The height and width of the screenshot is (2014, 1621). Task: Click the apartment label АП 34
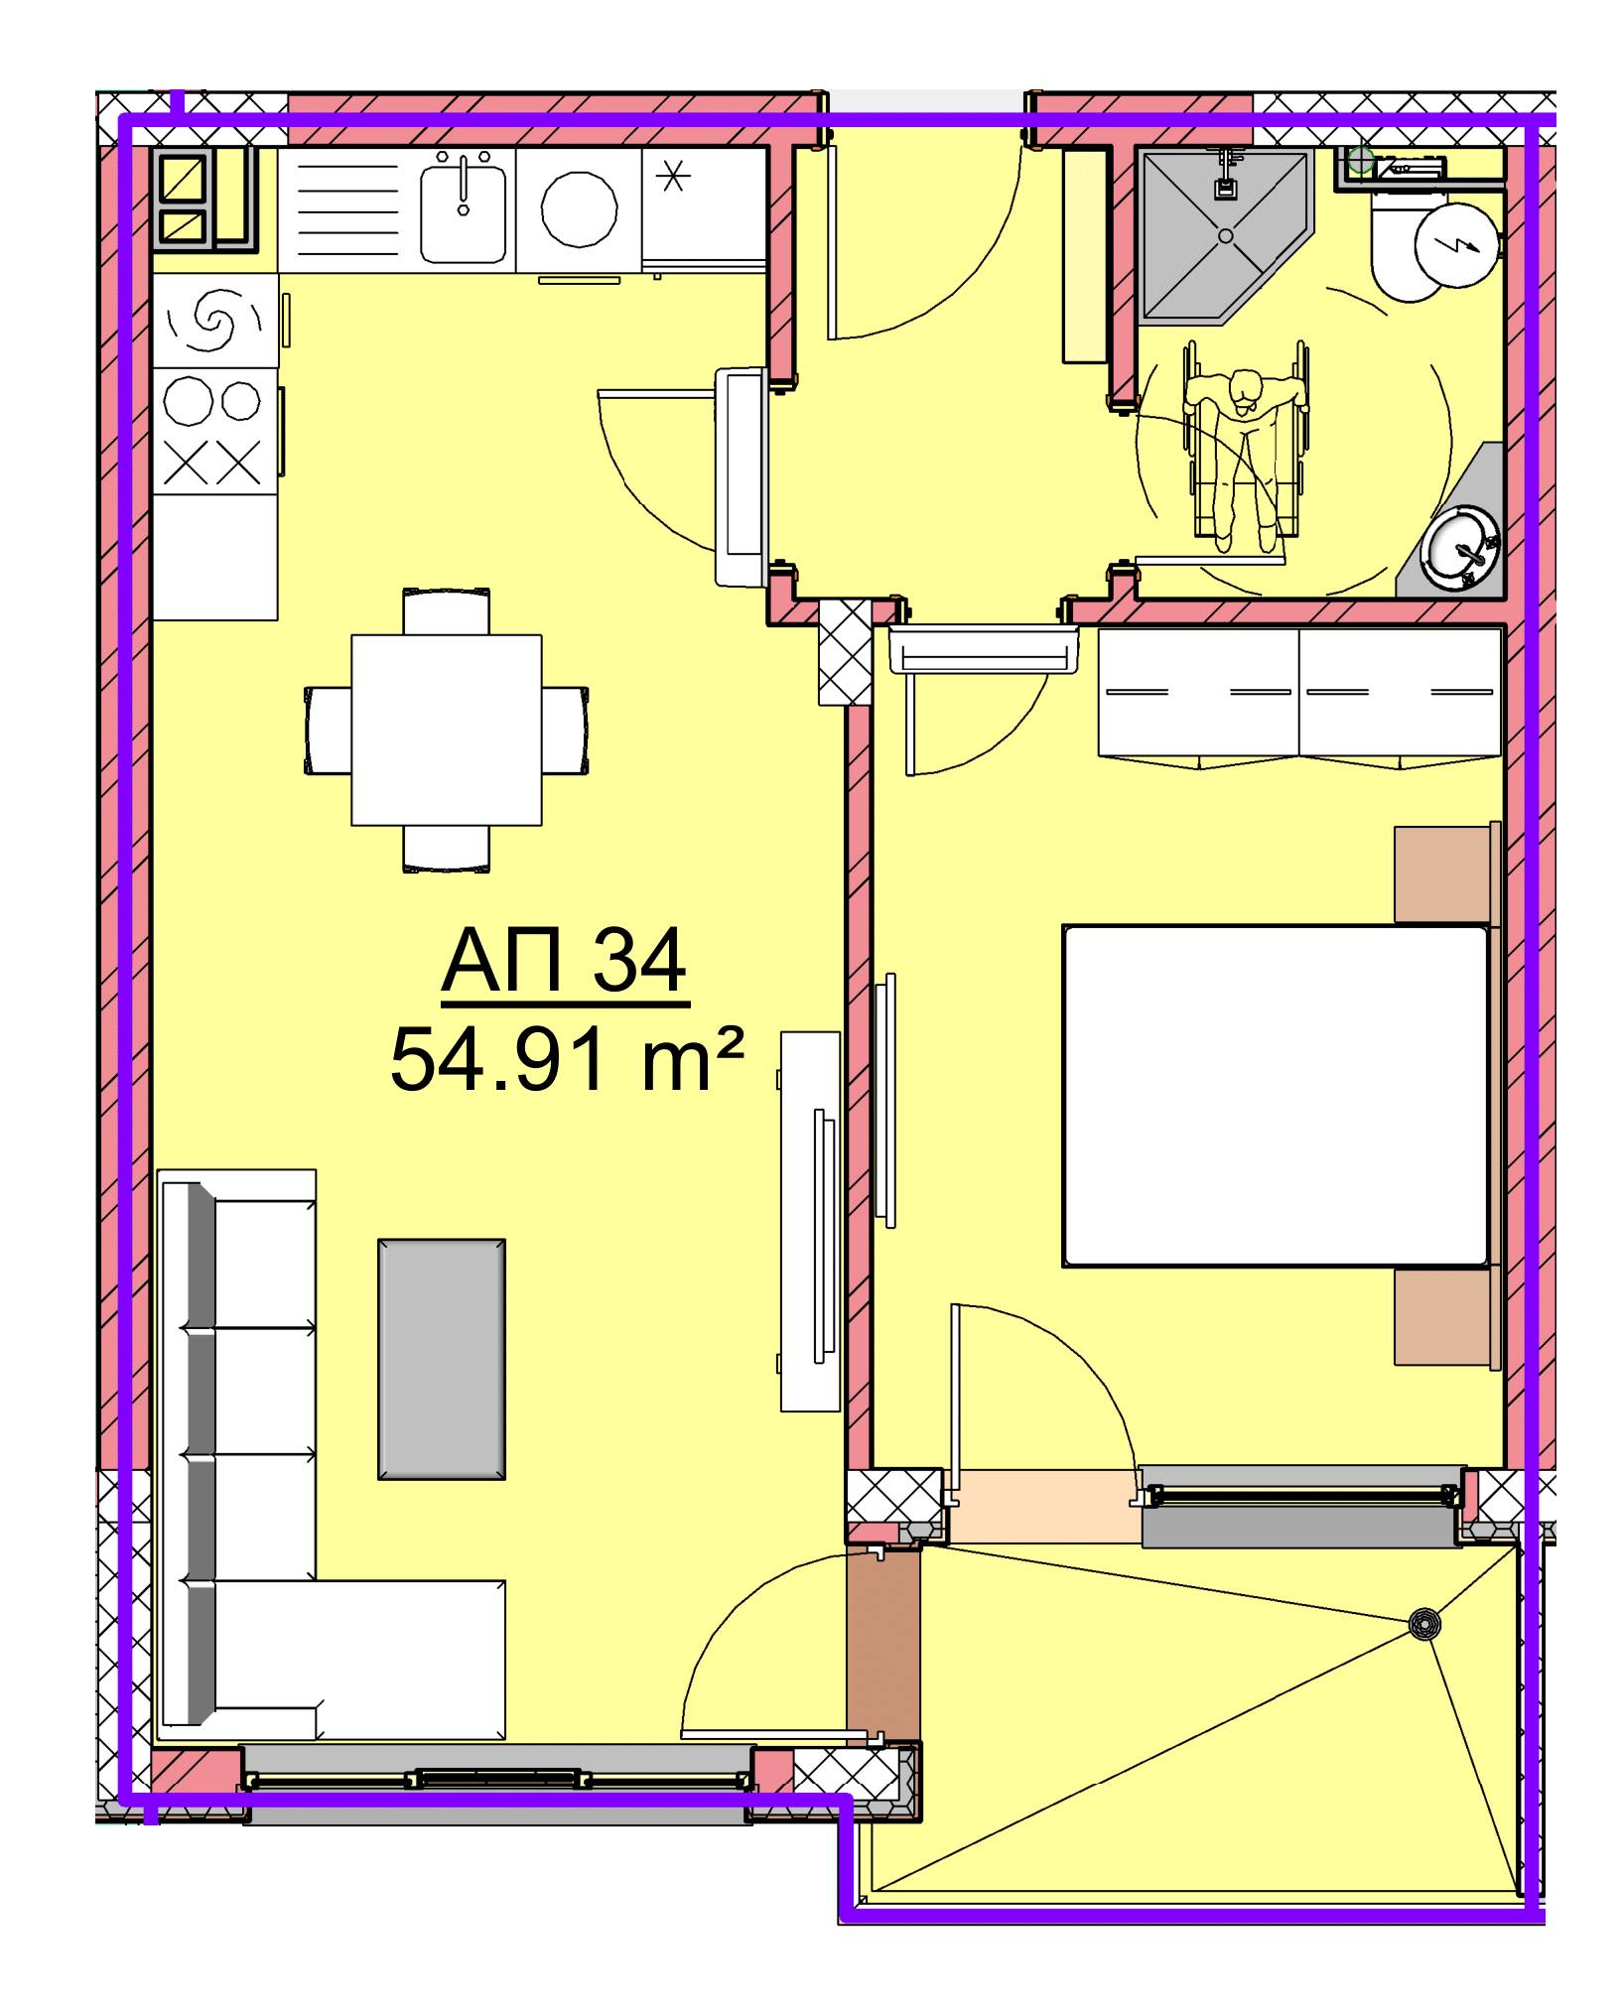(x=564, y=962)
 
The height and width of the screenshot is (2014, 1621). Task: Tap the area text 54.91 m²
(x=567, y=1058)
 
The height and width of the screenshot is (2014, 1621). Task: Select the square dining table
(x=447, y=730)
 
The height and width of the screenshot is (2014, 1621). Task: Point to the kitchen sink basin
(x=463, y=212)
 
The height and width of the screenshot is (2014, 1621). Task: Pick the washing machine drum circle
(x=580, y=210)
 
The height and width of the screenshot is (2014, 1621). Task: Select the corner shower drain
(x=1226, y=235)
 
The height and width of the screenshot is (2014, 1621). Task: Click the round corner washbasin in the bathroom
(x=1460, y=547)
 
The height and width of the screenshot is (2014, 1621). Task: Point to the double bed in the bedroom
(x=1277, y=1096)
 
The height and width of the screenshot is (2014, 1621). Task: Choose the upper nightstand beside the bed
(x=1446, y=873)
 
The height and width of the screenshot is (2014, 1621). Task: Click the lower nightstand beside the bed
(x=1446, y=1318)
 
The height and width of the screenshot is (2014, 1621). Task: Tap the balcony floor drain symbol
(x=1426, y=1623)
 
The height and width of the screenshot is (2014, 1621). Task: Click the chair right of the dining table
(x=565, y=730)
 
